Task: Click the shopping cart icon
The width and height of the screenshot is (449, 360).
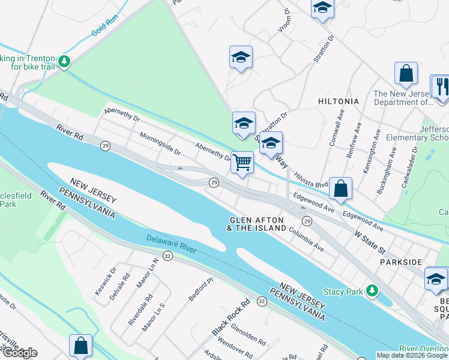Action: click(x=242, y=162)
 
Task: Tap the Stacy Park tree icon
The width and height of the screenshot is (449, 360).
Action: click(x=372, y=291)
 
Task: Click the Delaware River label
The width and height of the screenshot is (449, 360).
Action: click(x=171, y=243)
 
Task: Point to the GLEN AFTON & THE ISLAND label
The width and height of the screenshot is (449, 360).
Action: click(x=258, y=224)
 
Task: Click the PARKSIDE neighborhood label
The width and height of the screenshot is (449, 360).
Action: click(x=401, y=262)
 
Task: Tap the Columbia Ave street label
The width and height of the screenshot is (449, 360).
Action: click(x=306, y=239)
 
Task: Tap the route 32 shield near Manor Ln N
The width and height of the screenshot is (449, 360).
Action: click(x=167, y=256)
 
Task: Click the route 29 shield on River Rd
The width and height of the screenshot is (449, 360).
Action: click(x=105, y=146)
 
